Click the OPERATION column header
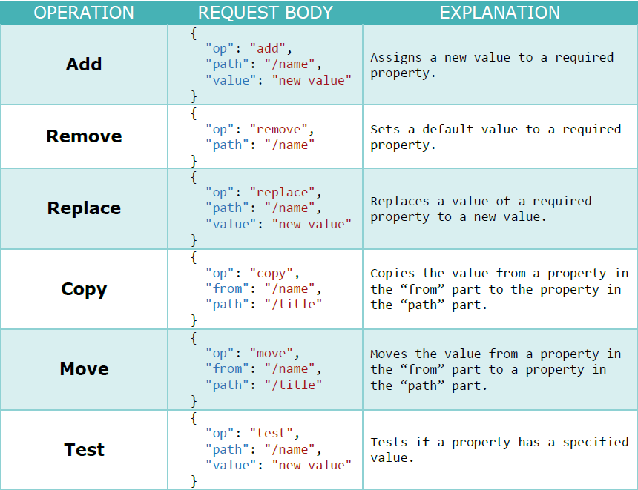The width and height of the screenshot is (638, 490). coord(84,13)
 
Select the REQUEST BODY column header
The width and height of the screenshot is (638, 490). coord(265,13)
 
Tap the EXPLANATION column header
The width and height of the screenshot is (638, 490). coord(499,13)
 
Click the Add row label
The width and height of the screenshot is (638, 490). coord(84,64)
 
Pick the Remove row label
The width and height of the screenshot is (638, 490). coord(84,136)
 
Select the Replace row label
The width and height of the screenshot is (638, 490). coord(84,208)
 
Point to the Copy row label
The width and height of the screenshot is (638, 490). coord(84,289)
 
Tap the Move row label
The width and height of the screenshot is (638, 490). coord(84,369)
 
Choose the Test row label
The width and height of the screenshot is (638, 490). coord(84,450)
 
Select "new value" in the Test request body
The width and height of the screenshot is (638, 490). coord(312,466)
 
